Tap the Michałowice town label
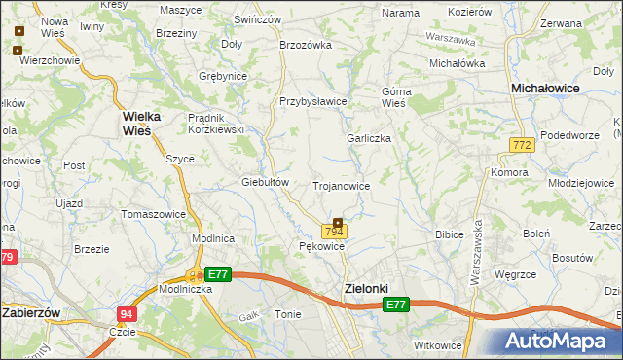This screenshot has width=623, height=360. (545, 88)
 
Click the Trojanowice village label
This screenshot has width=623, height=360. (340, 185)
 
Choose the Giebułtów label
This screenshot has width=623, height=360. (266, 182)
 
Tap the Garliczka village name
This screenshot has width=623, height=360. (369, 138)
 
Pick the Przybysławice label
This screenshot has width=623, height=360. (313, 101)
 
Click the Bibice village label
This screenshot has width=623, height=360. (449, 234)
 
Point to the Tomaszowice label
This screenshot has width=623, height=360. (152, 213)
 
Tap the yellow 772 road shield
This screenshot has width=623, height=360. (521, 145)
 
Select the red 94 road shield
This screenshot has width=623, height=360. (126, 314)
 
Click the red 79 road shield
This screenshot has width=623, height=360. (7, 257)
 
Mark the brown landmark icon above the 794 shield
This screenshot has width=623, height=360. (338, 222)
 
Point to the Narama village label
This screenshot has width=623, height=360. (400, 13)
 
